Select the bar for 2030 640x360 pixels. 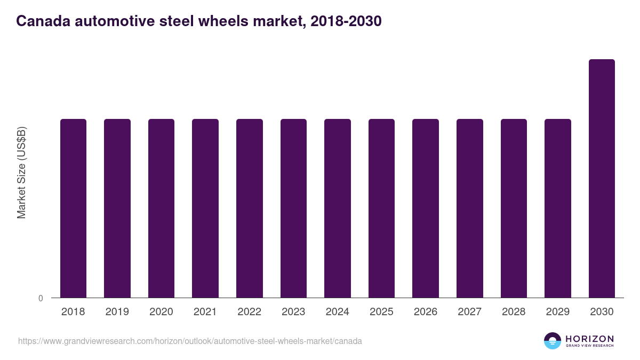point(602,179)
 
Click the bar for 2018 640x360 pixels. point(73,208)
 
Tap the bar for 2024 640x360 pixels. point(338,208)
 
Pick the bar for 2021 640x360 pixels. point(205,208)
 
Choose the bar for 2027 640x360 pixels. point(470,208)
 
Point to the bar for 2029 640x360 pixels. point(558,208)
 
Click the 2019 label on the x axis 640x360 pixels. point(117,312)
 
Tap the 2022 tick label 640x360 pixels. point(249,312)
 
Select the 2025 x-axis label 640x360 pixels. point(381,312)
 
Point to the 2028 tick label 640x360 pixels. point(514,312)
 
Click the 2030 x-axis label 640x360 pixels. point(602,312)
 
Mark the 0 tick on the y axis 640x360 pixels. point(41,299)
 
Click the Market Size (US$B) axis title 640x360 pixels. point(21,172)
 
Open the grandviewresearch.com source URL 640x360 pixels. point(190,341)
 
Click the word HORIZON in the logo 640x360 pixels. point(589,339)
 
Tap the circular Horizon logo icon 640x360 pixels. point(553,341)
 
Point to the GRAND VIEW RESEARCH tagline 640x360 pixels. point(589,346)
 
